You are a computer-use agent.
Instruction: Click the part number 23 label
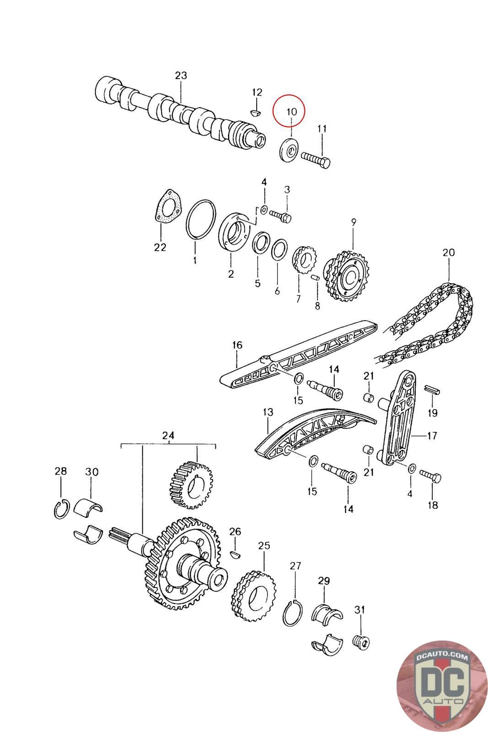[181, 75]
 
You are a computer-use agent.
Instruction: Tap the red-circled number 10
[292, 111]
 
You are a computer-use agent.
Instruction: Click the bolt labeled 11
[316, 160]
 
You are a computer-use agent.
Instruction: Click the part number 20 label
[449, 252]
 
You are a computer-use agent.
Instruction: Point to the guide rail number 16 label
[237, 345]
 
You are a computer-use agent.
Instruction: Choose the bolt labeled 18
[431, 479]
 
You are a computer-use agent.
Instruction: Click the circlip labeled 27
[292, 613]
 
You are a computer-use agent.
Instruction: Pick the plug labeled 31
[362, 641]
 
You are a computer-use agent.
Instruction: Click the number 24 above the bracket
[168, 436]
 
